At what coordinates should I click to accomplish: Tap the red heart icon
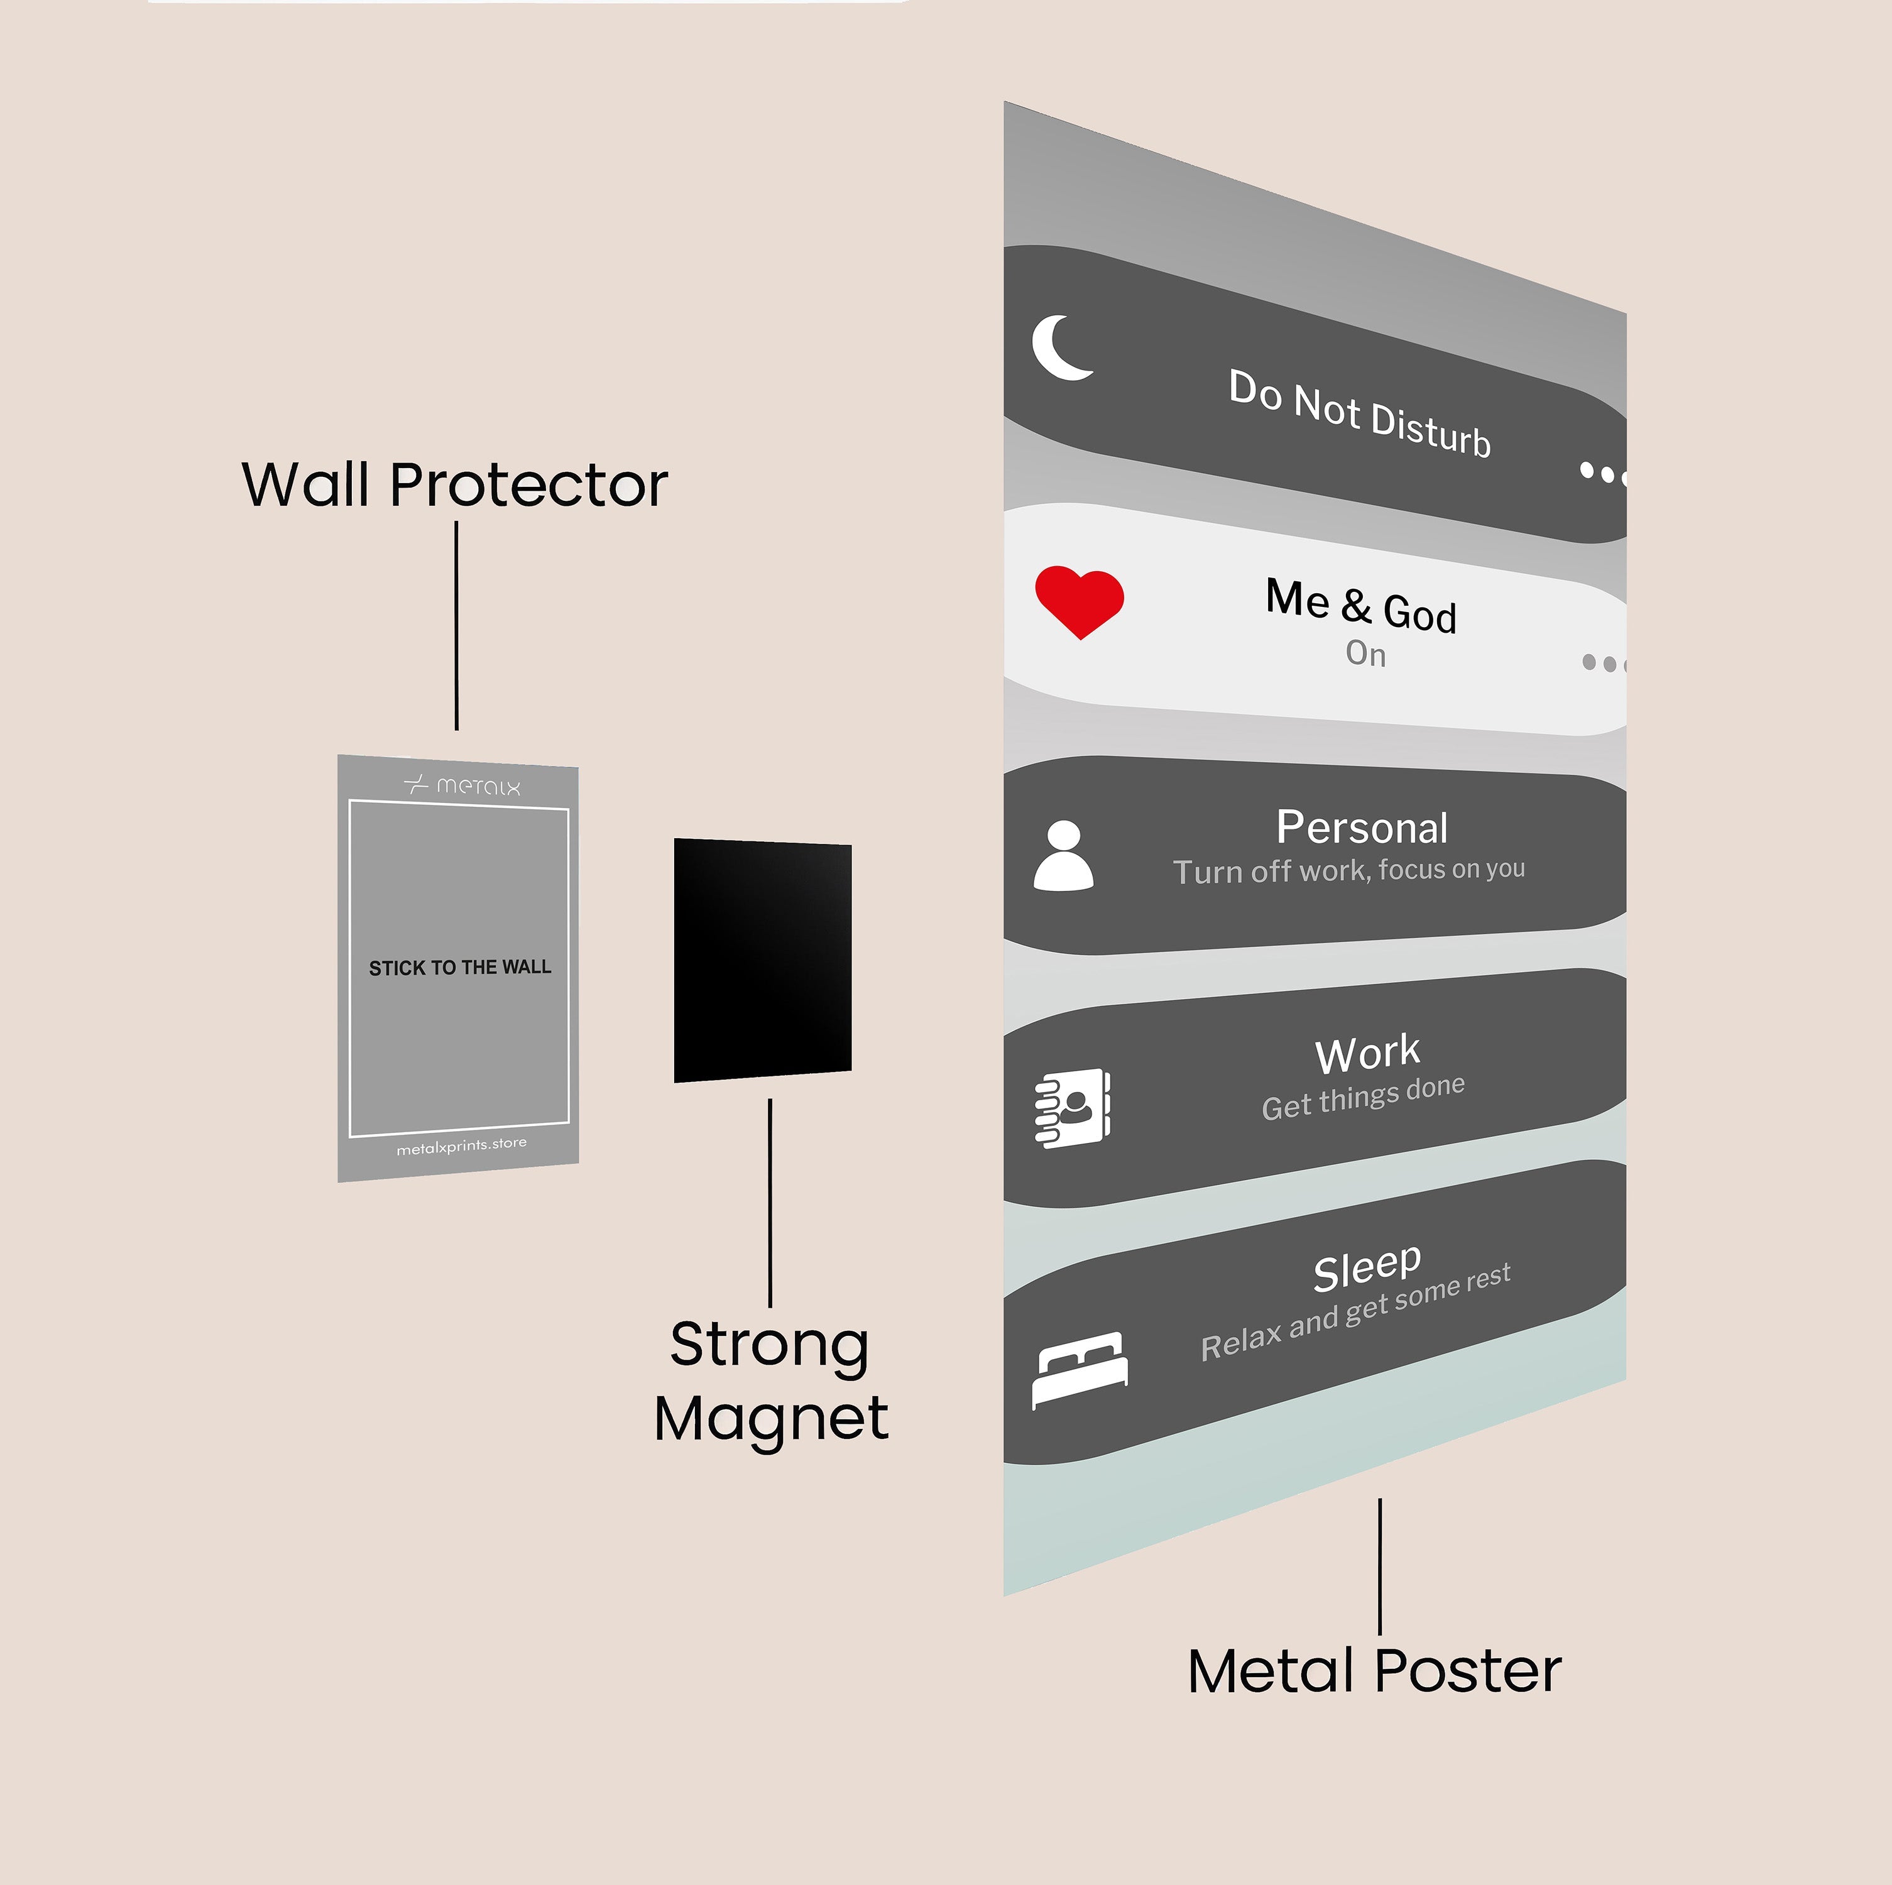tap(1079, 600)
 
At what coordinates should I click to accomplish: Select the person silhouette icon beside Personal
tap(1064, 856)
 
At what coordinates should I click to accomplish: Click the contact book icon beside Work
tap(1073, 1108)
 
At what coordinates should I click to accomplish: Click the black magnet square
tap(762, 959)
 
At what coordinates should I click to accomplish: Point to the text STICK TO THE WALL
tap(459, 968)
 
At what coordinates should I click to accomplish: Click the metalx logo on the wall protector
tap(462, 785)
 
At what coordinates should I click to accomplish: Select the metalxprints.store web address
tap(461, 1145)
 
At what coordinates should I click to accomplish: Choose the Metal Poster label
tap(1374, 1671)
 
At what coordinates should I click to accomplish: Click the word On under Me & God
tap(1365, 653)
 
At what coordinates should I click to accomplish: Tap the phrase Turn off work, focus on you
tap(1348, 870)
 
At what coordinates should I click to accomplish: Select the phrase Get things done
tap(1363, 1096)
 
